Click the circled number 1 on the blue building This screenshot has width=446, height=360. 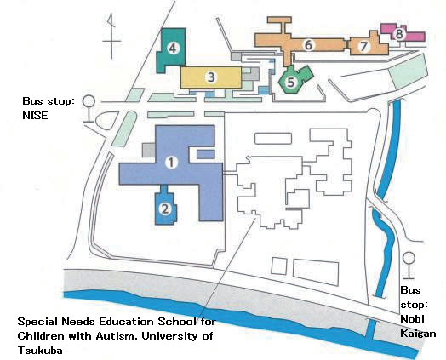click(170, 161)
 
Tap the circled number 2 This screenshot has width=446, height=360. click(166, 207)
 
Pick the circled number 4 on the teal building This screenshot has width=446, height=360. click(173, 48)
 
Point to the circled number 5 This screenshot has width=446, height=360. click(291, 82)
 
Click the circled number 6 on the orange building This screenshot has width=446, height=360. click(309, 44)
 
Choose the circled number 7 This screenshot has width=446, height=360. click(363, 45)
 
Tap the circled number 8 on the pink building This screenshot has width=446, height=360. click(398, 33)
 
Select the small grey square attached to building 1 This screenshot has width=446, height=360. click(149, 150)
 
